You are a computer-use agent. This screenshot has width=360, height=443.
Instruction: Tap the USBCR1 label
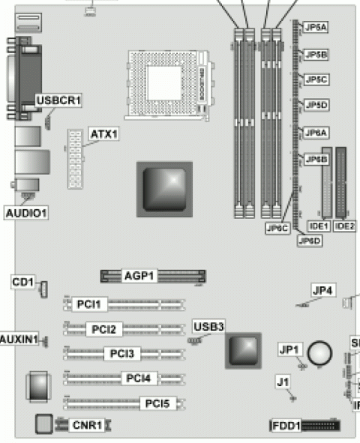58,100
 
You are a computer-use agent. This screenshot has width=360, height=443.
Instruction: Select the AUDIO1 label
26,213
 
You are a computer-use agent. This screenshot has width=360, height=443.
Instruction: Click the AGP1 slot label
139,276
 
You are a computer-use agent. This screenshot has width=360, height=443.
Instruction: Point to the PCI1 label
92,304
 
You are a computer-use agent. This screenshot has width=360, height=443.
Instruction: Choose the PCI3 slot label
121,353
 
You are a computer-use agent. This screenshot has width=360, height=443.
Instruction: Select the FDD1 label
286,427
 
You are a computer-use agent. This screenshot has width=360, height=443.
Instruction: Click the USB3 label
208,326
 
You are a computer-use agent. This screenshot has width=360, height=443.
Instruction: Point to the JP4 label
322,290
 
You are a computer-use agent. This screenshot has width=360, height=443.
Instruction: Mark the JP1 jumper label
289,350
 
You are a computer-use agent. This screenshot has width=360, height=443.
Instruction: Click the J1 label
283,382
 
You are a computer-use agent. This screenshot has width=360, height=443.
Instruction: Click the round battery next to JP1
322,352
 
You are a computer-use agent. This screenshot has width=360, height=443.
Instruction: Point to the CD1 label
23,282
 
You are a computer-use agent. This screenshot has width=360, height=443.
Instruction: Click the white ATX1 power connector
73,159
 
